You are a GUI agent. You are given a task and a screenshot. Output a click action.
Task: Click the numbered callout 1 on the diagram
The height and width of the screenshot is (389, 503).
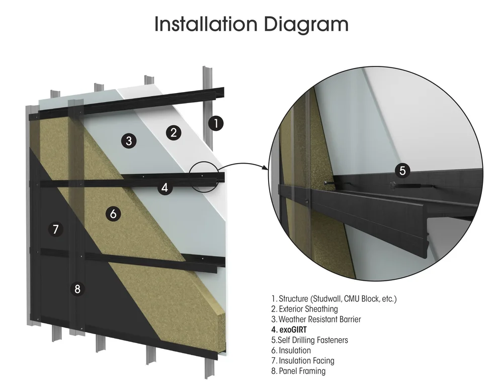click(x=216, y=123)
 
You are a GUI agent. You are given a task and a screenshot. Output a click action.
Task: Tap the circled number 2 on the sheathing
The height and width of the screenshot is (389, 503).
click(x=173, y=133)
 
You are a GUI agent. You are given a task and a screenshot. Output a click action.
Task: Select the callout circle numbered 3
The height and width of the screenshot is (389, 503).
click(x=129, y=141)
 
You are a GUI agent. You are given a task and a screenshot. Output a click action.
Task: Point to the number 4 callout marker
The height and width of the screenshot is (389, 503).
click(x=164, y=188)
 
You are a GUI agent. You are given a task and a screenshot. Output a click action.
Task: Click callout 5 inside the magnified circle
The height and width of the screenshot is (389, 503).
click(x=402, y=170)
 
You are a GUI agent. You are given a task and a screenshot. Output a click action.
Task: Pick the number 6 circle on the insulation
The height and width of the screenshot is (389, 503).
click(x=113, y=214)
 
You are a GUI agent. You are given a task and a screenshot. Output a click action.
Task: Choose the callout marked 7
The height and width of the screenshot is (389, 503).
click(x=55, y=229)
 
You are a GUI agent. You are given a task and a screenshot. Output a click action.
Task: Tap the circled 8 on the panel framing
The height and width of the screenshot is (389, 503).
click(x=77, y=289)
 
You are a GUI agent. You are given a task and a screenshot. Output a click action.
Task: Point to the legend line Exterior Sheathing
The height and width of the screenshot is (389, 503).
click(x=304, y=308)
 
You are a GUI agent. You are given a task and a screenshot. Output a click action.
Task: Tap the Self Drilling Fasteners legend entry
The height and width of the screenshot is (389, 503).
click(x=309, y=340)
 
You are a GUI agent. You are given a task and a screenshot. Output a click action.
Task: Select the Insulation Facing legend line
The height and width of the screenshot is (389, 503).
click(x=302, y=360)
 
